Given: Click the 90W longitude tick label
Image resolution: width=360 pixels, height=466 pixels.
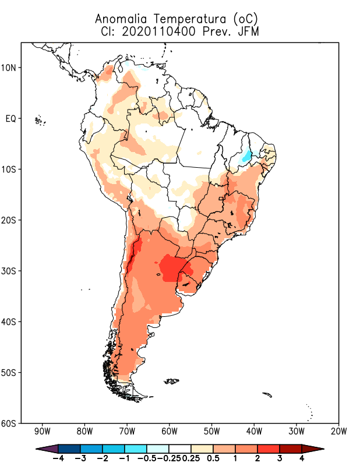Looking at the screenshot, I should click(x=43, y=432).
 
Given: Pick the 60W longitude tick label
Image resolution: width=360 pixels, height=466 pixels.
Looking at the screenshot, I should click(x=170, y=432).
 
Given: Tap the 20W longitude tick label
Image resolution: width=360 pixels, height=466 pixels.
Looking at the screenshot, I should click(x=338, y=432).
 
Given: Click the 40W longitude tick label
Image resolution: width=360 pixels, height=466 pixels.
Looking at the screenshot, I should click(x=254, y=432).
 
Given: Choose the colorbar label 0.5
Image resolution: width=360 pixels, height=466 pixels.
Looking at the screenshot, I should click(x=213, y=458).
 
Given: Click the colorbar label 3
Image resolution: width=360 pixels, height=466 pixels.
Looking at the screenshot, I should click(x=280, y=458).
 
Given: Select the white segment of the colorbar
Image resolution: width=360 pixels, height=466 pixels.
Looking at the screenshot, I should click(x=180, y=448).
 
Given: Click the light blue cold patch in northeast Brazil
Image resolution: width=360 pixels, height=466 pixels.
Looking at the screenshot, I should click(x=247, y=156).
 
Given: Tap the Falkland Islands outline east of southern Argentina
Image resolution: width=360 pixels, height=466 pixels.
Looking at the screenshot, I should click(x=172, y=382).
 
